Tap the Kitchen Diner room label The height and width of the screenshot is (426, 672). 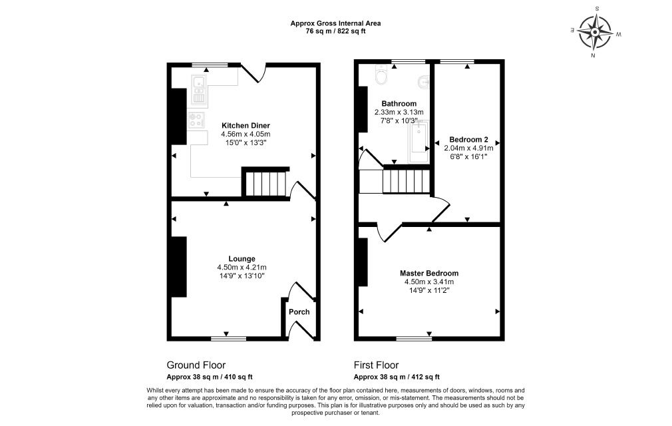[246, 125]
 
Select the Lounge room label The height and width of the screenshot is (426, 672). [242, 258]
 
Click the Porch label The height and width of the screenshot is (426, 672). [299, 312]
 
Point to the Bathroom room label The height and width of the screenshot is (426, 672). [399, 104]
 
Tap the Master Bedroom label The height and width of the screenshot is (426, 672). [428, 273]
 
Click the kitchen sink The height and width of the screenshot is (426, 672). [199, 90]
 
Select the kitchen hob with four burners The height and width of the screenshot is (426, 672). [196, 120]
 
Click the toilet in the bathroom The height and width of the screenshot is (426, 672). [381, 75]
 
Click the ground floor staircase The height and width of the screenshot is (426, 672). [265, 183]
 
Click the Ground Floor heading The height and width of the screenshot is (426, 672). [196, 365]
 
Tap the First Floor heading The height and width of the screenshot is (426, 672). [376, 365]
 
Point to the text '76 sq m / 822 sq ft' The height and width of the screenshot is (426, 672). [335, 31]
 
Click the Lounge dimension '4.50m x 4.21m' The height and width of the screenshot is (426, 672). [242, 267]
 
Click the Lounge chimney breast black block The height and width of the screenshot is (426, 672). [179, 266]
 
